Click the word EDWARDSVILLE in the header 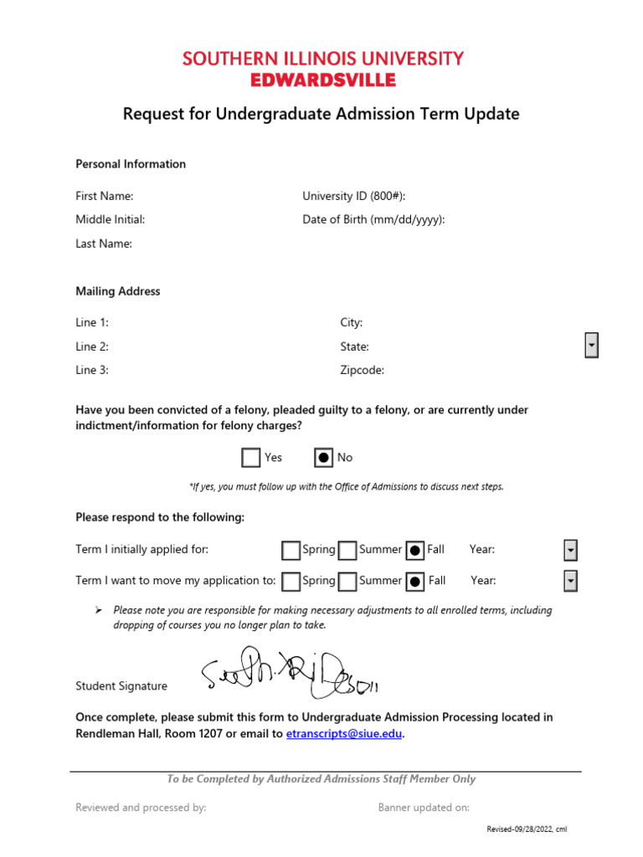pos(322,80)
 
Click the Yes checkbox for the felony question pos(250,458)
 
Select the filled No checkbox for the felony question pos(323,458)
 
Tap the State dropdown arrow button pos(591,345)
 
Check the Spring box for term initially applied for pos(291,550)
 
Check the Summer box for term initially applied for pos(348,550)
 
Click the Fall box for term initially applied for pos(414,550)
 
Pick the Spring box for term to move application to pos(291,581)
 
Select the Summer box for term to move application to pos(348,581)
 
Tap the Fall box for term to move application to pos(414,581)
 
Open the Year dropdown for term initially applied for pos(570,550)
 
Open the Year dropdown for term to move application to pos(570,581)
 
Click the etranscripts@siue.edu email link pos(344,734)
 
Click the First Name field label pos(105,196)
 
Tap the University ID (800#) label pos(354,196)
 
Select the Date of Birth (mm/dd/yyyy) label pos(373,219)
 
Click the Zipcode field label pos(362,370)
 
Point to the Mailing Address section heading pos(118,291)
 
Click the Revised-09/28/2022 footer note pos(527,829)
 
